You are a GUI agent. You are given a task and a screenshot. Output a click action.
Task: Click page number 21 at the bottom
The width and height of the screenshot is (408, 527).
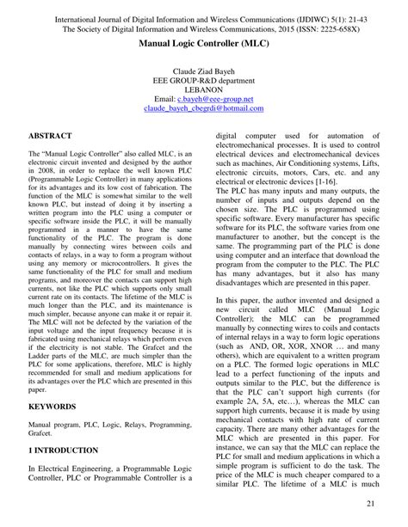(372, 503)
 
